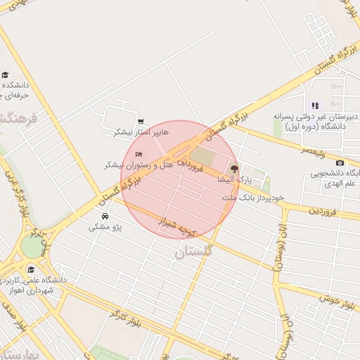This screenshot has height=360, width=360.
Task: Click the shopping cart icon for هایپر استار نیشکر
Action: tap(141, 122)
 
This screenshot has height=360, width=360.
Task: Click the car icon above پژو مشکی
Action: tap(105, 216)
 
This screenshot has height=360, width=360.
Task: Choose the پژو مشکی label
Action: tap(103, 227)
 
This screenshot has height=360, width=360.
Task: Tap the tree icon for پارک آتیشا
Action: tap(234, 169)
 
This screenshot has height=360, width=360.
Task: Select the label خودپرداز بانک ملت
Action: tap(253, 198)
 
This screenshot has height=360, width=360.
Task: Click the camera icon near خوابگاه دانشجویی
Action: tap(340, 162)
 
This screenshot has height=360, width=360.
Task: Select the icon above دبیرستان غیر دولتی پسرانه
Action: tap(315, 105)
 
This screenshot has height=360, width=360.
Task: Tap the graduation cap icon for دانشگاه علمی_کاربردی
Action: tap(30, 269)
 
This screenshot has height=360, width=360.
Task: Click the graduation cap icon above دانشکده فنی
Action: tap(5, 75)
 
